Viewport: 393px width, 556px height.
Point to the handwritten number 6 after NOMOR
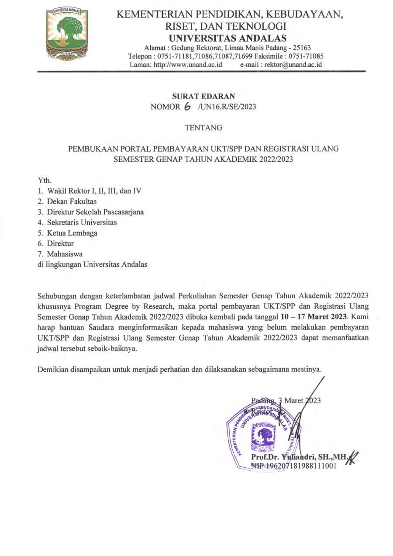(x=187, y=107)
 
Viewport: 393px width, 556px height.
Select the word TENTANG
(x=203, y=128)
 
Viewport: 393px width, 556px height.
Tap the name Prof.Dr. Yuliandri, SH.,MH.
(x=299, y=458)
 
